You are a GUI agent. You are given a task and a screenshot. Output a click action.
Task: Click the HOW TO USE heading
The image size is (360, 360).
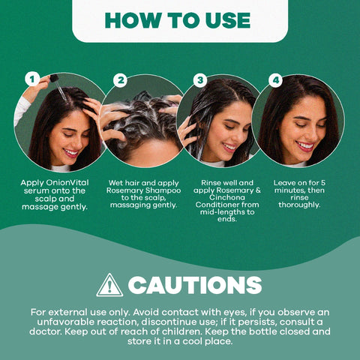click(178, 20)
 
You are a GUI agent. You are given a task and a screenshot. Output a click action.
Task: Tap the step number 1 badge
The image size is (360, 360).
click(32, 79)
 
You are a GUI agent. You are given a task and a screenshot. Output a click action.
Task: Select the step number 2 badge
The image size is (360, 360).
click(120, 80)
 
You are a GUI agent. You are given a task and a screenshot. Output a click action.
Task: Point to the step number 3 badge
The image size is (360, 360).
click(200, 80)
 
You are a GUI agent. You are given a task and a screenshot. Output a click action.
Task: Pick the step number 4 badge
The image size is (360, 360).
click(276, 80)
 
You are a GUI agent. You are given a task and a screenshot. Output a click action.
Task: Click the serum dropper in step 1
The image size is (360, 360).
click(58, 87)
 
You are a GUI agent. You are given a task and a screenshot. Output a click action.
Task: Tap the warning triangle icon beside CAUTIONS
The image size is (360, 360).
click(109, 285)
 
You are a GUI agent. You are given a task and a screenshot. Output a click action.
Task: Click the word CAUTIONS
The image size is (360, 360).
click(195, 285)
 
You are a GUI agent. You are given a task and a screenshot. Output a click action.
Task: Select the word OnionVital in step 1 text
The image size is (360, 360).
click(67, 183)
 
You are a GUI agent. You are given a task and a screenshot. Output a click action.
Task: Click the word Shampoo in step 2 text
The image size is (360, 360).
click(163, 190)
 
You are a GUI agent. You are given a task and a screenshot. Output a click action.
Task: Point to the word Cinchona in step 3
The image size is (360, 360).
click(227, 197)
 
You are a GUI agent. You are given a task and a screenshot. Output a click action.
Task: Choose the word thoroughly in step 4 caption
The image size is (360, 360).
click(299, 205)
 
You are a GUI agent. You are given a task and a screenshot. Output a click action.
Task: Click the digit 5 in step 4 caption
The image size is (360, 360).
click(323, 183)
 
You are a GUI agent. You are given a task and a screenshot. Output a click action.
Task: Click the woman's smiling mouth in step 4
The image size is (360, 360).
click(304, 146)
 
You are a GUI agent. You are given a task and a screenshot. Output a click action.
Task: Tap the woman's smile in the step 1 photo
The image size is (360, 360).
click(70, 153)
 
